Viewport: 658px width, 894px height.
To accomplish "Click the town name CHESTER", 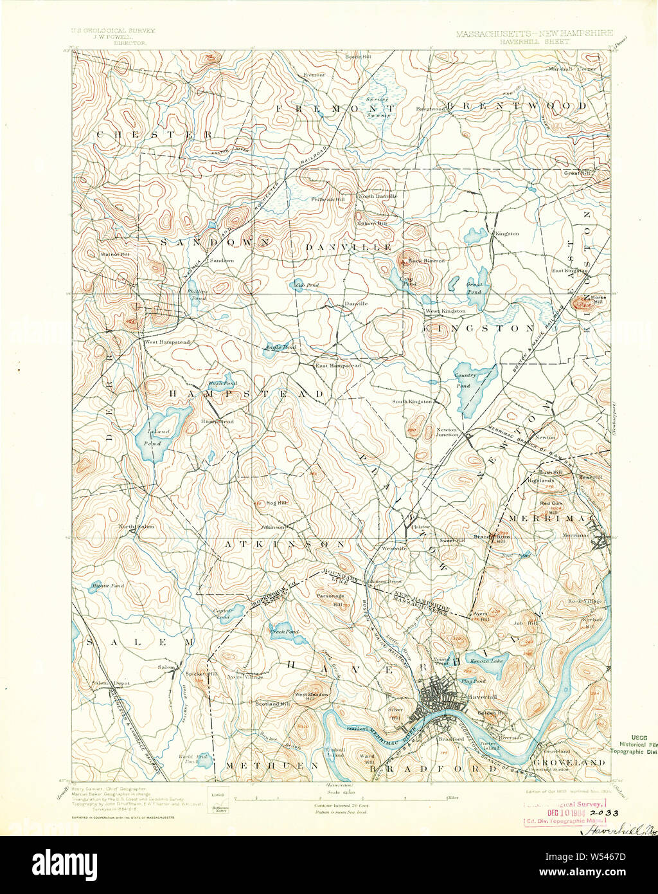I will (x=154, y=134).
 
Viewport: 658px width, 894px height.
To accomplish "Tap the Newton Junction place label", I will (x=447, y=432).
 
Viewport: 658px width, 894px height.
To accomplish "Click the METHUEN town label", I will (x=272, y=765).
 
